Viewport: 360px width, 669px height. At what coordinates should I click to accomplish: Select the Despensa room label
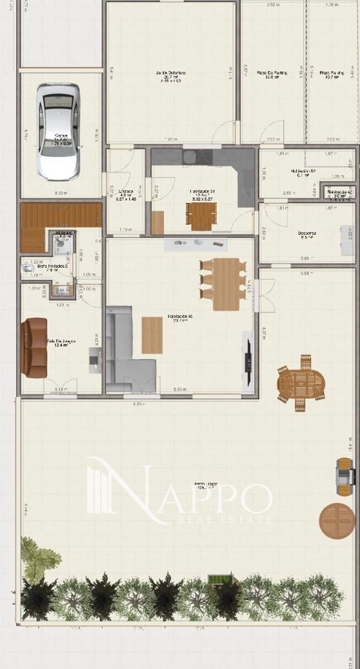tap(307, 236)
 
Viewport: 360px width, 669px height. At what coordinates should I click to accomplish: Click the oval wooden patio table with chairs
tap(301, 384)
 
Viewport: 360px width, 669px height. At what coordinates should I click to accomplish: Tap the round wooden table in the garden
tap(337, 520)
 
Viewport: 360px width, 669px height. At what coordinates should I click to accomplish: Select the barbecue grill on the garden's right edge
tap(345, 477)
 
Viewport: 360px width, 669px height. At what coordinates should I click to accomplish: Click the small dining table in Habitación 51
tap(201, 215)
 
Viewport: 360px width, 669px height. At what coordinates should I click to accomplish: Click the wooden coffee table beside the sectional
tap(152, 334)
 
